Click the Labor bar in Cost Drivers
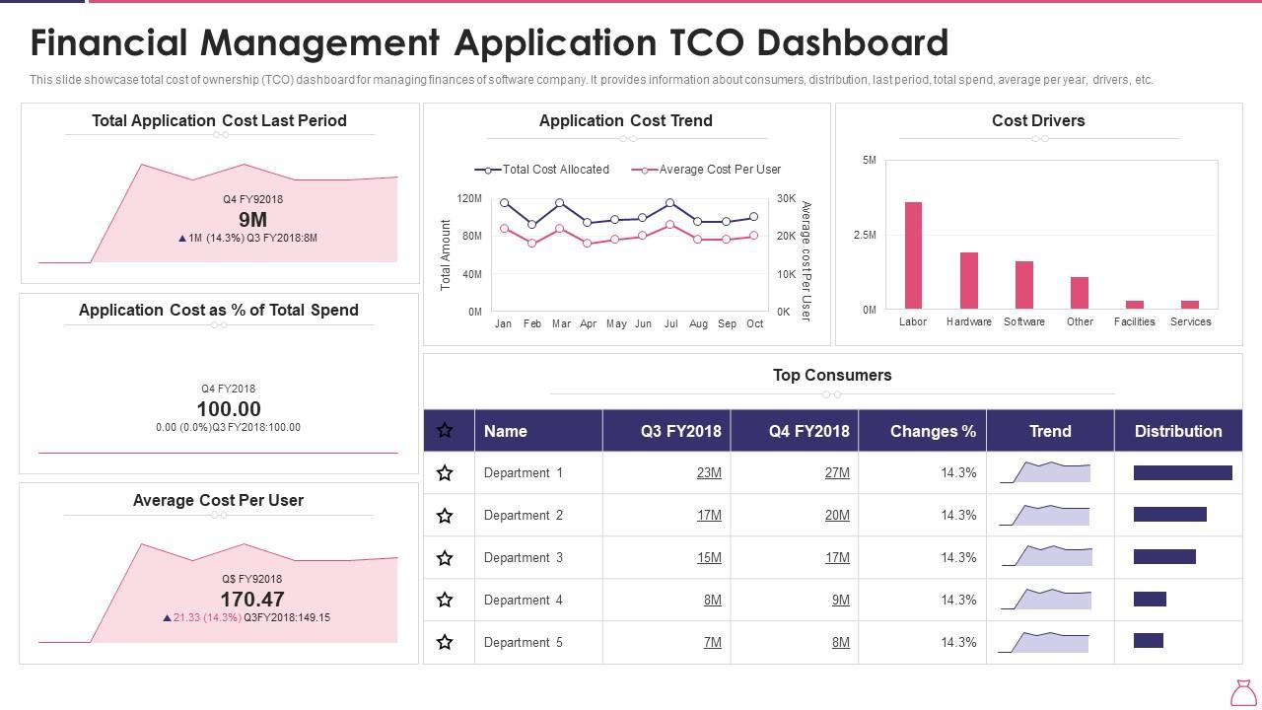tap(913, 255)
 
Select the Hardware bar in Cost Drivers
tap(969, 281)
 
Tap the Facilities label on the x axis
tap(1134, 321)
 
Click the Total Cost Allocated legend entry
tap(542, 170)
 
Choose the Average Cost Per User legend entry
tap(707, 170)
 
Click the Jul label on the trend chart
tap(670, 323)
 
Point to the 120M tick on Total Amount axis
tap(469, 199)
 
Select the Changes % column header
tap(933, 431)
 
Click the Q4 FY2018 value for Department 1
tap(837, 473)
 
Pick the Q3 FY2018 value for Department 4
tap(712, 601)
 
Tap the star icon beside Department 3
tap(445, 558)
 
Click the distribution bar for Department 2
tap(1169, 515)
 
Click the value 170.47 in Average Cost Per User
tap(252, 599)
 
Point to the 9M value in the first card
tap(252, 219)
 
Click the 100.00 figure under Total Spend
tap(229, 409)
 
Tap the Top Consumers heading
tap(832, 375)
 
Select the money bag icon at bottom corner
tap(1243, 692)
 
